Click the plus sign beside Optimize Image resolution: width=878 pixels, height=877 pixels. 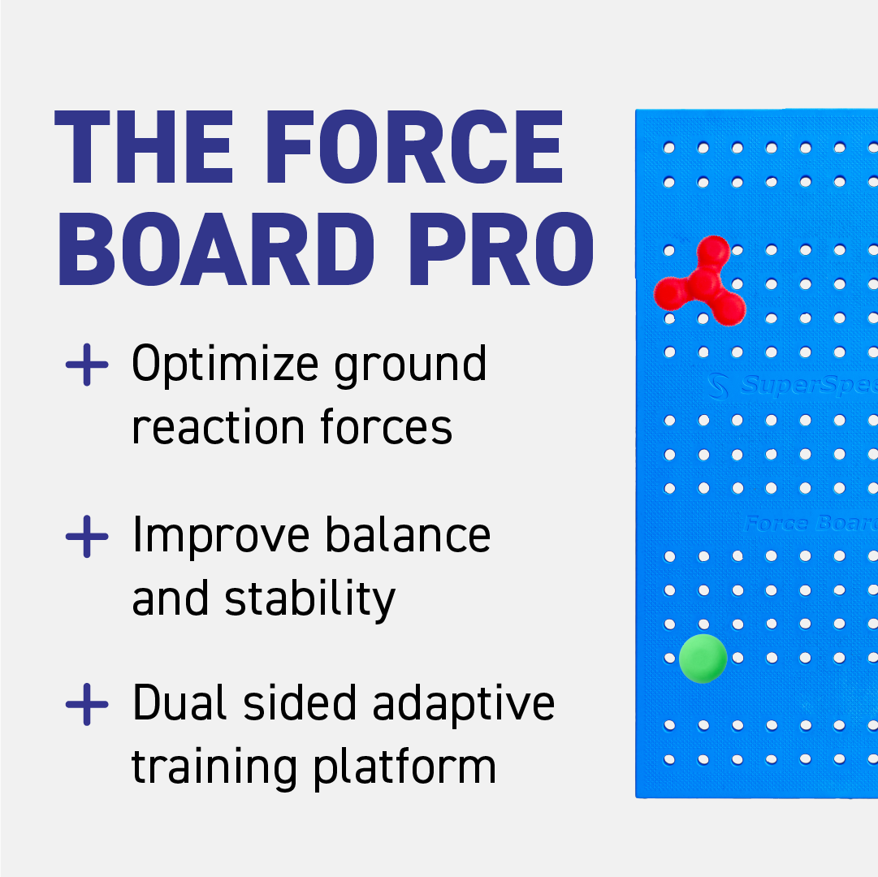click(87, 365)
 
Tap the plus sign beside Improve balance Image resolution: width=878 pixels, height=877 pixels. click(87, 538)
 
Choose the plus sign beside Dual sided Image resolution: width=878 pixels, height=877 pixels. click(87, 705)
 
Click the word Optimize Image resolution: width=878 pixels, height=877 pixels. click(225, 365)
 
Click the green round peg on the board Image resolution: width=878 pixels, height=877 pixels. click(703, 658)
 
